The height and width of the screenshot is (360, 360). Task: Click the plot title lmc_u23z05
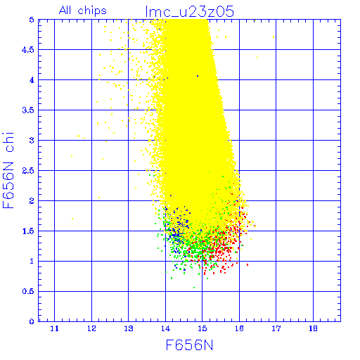coord(189,11)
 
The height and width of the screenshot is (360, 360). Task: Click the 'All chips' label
coord(83,11)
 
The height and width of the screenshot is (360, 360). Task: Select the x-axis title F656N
coord(190,345)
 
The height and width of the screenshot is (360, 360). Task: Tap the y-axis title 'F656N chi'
coord(8,171)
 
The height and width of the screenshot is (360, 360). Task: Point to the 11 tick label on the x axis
coord(54,328)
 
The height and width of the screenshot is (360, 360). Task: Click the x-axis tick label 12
coord(91,328)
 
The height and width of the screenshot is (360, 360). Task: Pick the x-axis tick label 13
coord(129,328)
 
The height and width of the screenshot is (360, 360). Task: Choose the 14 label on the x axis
coord(165,328)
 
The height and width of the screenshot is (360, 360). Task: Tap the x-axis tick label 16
coord(239,328)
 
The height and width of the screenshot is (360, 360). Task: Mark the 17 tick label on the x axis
coord(276,328)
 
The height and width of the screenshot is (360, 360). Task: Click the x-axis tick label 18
coord(313,328)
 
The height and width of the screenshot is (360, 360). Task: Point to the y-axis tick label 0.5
coord(28,291)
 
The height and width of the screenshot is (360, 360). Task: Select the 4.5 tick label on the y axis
coord(28,50)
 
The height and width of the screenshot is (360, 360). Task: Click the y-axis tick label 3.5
coord(28,110)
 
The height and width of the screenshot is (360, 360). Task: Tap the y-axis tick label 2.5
coord(28,171)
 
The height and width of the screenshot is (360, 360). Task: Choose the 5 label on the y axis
coord(32,20)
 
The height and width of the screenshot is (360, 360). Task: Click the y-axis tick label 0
coord(32,321)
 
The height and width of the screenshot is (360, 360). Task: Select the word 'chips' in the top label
coord(92,11)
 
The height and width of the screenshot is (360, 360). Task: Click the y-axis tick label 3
coord(32,141)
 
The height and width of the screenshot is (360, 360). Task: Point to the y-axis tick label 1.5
coord(28,231)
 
